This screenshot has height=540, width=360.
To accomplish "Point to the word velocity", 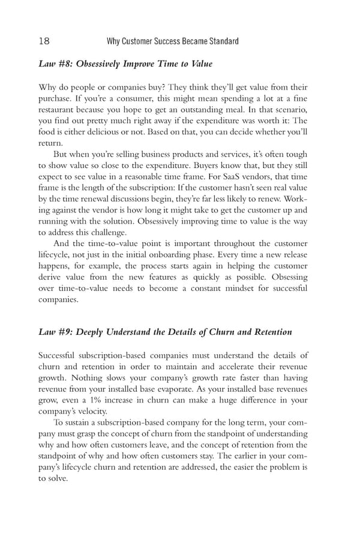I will tap(93, 412).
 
